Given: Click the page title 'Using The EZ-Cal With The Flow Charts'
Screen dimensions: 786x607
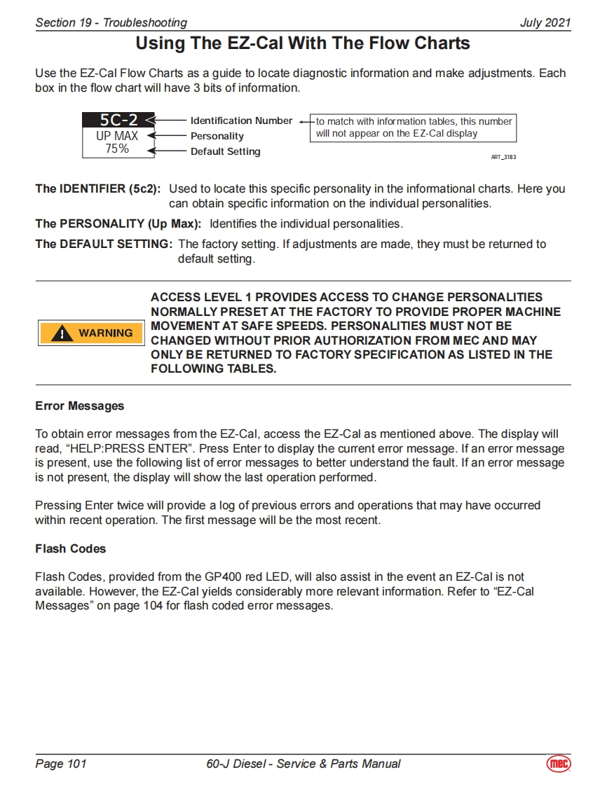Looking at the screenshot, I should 302,43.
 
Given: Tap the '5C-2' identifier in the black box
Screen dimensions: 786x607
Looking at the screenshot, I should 117,120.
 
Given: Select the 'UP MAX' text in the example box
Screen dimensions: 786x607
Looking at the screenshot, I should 117,136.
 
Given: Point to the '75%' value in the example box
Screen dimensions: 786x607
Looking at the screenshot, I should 117,149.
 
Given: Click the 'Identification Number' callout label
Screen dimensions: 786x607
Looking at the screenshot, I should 241,120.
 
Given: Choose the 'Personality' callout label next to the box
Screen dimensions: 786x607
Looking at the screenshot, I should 217,136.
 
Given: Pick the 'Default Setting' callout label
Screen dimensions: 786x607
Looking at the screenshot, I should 225,151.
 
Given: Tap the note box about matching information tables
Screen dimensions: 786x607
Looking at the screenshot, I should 414,127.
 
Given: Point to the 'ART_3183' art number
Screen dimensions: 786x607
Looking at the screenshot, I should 503,158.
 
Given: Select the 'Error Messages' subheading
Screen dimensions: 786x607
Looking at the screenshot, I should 79,406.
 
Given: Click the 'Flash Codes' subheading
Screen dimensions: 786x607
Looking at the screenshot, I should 70,549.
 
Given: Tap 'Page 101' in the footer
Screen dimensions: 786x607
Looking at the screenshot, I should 61,764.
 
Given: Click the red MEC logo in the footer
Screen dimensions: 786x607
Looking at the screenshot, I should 558,764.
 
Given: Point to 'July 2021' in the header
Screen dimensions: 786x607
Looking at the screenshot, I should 545,22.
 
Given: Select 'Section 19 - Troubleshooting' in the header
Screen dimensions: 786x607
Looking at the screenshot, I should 111,22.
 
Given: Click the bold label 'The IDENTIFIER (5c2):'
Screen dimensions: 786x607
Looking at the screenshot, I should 98,189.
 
